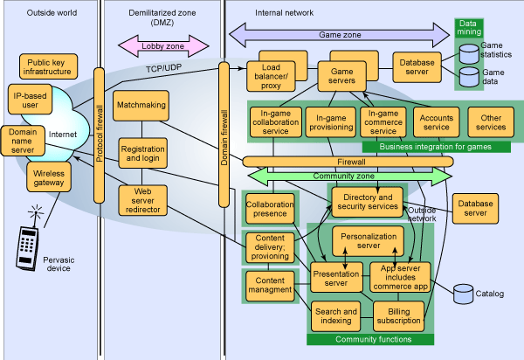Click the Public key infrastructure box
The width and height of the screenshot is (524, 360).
(x=48, y=67)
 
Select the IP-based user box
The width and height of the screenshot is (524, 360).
(x=31, y=99)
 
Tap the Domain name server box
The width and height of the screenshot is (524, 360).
(x=29, y=140)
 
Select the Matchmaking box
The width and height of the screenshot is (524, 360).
(x=141, y=104)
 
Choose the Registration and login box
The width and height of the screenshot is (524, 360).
(x=141, y=155)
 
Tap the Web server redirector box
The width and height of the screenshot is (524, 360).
(x=141, y=200)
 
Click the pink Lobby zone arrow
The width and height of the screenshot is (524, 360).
(x=163, y=44)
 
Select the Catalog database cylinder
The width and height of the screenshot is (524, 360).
(x=462, y=294)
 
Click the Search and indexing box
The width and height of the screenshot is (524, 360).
(x=335, y=315)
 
